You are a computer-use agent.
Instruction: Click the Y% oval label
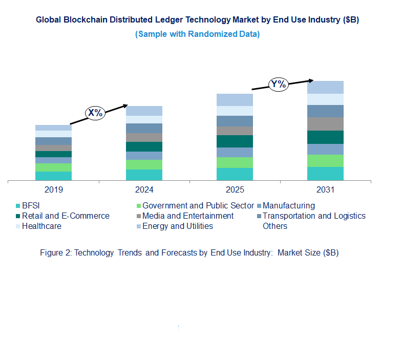pyautogui.click(x=279, y=84)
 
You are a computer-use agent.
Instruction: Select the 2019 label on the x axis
pyautogui.click(x=54, y=190)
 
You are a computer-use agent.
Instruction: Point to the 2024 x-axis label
pyautogui.click(x=144, y=190)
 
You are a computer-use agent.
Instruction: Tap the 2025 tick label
pyautogui.click(x=235, y=190)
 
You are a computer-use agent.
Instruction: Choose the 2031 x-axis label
pyautogui.click(x=325, y=190)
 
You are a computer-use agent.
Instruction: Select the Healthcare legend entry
pyautogui.click(x=41, y=226)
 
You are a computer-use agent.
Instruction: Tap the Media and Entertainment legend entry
pyautogui.click(x=187, y=216)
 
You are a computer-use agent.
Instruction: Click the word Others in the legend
pyautogui.click(x=275, y=226)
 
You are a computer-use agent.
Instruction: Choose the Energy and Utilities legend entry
pyautogui.click(x=177, y=226)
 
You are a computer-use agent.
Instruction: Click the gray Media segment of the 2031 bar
pyautogui.click(x=325, y=124)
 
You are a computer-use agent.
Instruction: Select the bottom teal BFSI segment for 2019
pyautogui.click(x=53, y=176)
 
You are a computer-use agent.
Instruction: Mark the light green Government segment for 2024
pyautogui.click(x=144, y=164)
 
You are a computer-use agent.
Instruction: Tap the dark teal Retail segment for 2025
pyautogui.click(x=235, y=141)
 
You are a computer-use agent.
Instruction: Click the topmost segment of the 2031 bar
pyautogui.click(x=325, y=87)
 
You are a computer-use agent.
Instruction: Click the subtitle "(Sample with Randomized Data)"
pyautogui.click(x=197, y=34)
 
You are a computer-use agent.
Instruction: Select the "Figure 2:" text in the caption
pyautogui.click(x=56, y=253)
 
